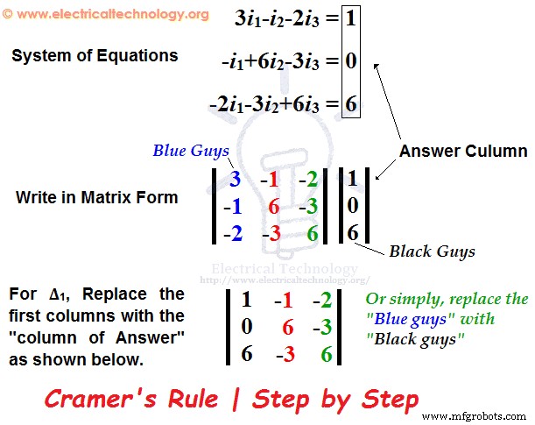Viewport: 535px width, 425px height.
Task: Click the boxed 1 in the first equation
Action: click(x=350, y=18)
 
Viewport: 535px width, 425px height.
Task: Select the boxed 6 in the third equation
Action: click(x=350, y=105)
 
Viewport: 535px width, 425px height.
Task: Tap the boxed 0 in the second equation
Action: click(x=350, y=61)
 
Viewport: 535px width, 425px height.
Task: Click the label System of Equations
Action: click(x=95, y=56)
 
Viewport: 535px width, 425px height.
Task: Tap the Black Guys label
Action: click(x=433, y=251)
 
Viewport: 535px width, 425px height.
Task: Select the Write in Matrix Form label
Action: click(x=96, y=197)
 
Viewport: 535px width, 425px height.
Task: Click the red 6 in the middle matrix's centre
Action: click(x=273, y=207)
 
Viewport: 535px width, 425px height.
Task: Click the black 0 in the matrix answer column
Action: click(x=351, y=208)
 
